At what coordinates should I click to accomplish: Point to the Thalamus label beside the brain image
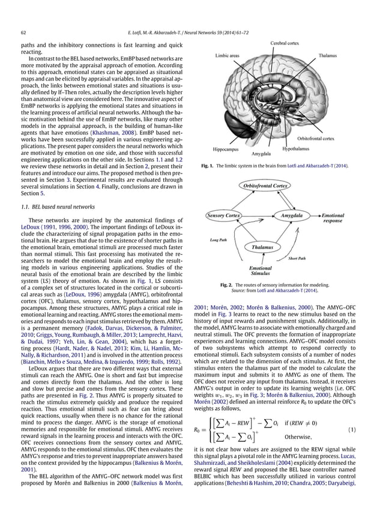pyautogui.click(x=329, y=56)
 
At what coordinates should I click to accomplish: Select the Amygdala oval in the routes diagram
pyautogui.click(x=292, y=215)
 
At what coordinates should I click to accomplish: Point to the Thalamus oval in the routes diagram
pyautogui.click(x=262, y=247)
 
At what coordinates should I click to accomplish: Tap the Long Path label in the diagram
pyautogui.click(x=218, y=240)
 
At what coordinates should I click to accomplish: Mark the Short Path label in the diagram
pyautogui.click(x=297, y=259)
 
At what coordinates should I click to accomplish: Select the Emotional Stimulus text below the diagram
pyautogui.click(x=260, y=271)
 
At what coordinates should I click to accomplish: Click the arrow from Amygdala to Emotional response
pyautogui.click(x=316, y=215)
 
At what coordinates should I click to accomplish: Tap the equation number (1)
pyautogui.click(x=367, y=413)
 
